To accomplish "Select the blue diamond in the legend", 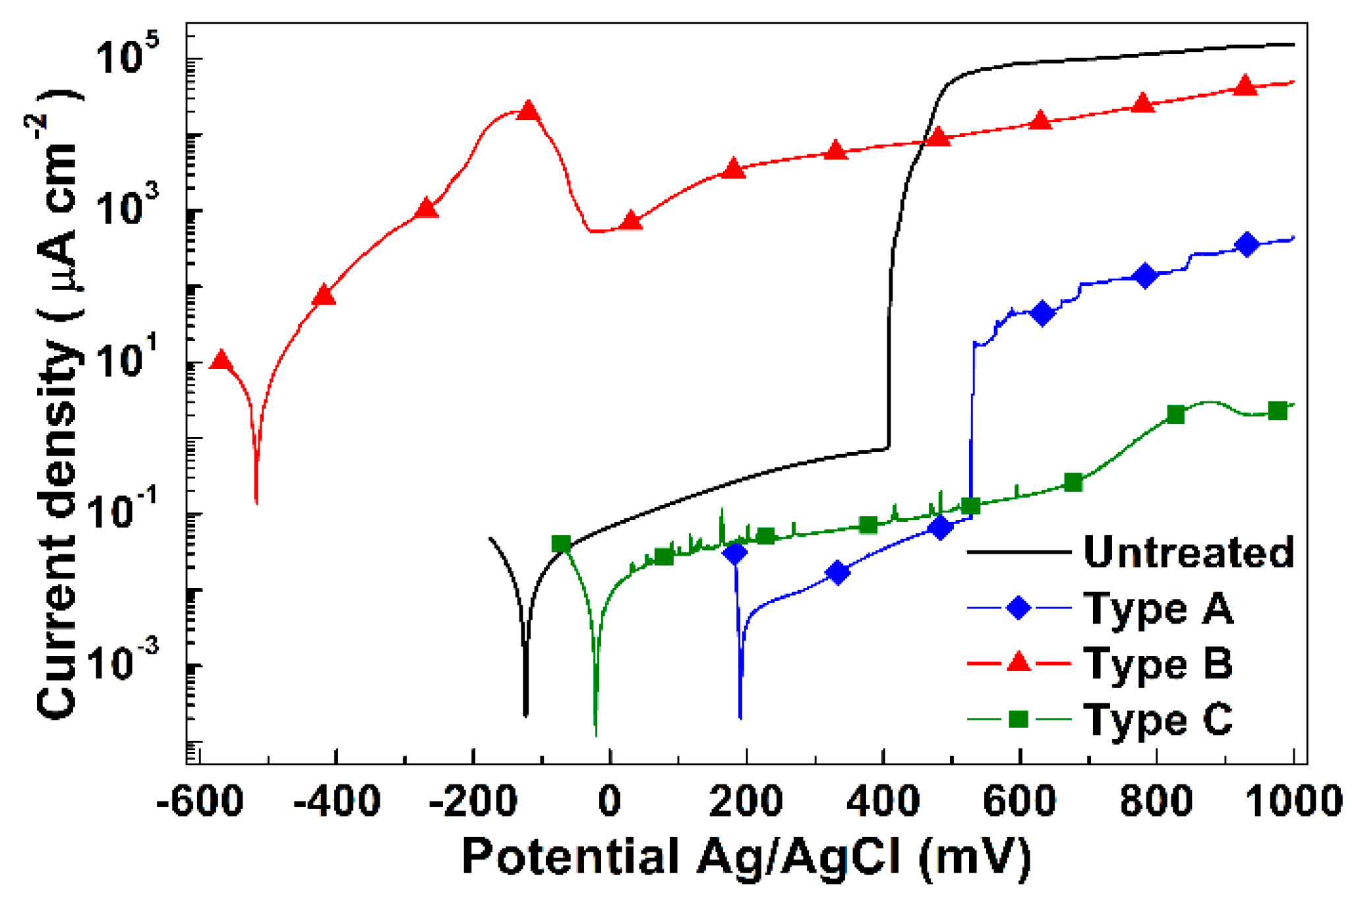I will [x=1019, y=607].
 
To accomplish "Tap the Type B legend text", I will [x=1158, y=663].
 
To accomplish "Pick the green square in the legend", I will [x=1019, y=718].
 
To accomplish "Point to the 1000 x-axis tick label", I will [x=1293, y=802].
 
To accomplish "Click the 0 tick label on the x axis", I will [x=610, y=802].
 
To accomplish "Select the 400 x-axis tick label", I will [x=883, y=802].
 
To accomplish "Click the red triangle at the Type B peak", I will [x=528, y=111].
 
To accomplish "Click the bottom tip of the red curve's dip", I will [x=256, y=502].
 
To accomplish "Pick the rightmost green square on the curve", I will [x=1278, y=411].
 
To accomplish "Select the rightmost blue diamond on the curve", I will [x=1246, y=245].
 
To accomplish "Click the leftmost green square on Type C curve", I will [x=561, y=544].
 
